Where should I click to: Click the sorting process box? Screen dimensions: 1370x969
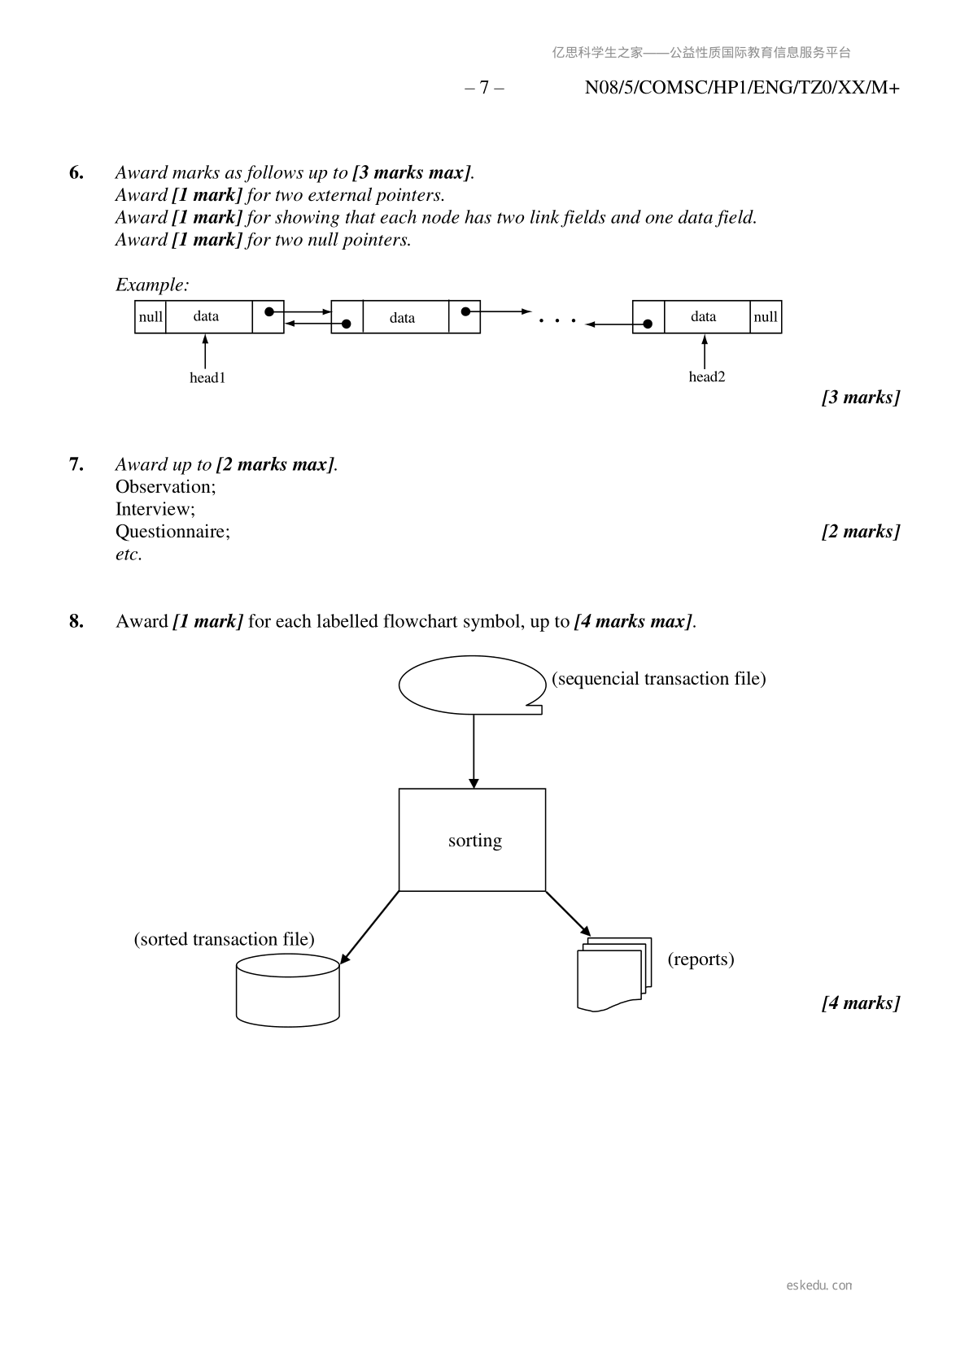(472, 839)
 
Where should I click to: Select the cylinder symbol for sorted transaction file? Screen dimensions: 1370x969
(287, 989)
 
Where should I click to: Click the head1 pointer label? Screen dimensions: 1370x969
(207, 377)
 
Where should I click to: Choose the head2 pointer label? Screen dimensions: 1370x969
(706, 376)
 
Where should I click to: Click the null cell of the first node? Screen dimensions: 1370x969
(151, 317)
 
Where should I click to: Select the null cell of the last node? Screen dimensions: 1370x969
(765, 317)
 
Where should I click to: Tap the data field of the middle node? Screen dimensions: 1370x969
(403, 318)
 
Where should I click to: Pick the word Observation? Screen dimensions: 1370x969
(165, 487)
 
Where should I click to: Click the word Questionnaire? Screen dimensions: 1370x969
(172, 532)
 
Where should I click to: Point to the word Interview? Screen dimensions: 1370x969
(155, 509)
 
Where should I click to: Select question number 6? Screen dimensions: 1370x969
(76, 172)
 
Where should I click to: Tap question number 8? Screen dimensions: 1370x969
(76, 621)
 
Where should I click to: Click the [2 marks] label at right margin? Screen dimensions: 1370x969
(861, 532)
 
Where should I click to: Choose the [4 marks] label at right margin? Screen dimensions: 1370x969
(861, 1002)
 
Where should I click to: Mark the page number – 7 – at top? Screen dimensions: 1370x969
(484, 88)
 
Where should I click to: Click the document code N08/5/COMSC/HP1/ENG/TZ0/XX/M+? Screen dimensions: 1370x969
(742, 88)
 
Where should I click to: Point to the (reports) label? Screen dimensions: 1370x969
(701, 959)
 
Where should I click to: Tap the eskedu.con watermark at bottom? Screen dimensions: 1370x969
(819, 1285)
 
